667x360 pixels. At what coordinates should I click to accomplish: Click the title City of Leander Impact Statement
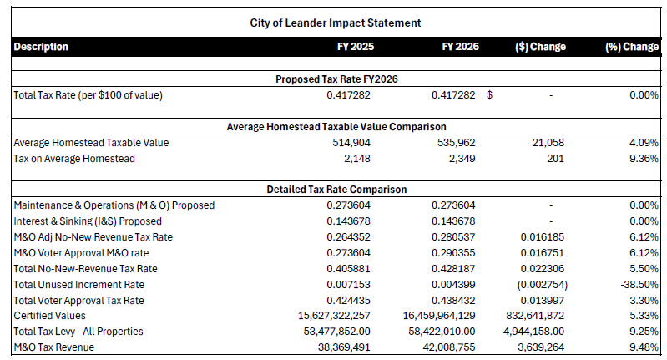(x=336, y=23)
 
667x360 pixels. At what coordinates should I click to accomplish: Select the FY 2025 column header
(x=356, y=47)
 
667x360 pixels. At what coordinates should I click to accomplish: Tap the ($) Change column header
(x=540, y=47)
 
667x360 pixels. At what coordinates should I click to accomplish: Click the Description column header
(x=41, y=47)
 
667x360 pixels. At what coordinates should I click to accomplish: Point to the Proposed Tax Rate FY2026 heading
(x=336, y=79)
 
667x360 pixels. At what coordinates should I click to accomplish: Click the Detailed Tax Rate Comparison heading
(x=336, y=190)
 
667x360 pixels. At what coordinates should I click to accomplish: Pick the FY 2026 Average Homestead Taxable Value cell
(x=456, y=143)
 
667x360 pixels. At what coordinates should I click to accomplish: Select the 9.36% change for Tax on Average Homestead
(x=644, y=159)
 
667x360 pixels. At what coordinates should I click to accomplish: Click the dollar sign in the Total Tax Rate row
(x=490, y=95)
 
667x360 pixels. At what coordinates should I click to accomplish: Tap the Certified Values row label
(x=49, y=316)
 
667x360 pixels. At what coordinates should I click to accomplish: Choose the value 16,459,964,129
(x=439, y=316)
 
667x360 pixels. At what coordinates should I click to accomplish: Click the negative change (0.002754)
(x=543, y=284)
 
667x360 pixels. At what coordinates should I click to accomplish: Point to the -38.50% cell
(x=639, y=284)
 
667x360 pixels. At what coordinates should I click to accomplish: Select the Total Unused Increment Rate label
(x=78, y=284)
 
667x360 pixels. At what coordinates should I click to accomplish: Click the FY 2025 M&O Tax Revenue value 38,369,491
(x=344, y=347)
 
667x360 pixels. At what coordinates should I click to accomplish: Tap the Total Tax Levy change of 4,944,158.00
(x=534, y=331)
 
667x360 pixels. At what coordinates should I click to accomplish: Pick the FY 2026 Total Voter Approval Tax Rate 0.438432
(x=453, y=301)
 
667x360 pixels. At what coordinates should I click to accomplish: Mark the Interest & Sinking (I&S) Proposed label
(x=88, y=221)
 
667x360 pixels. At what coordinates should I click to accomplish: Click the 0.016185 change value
(x=543, y=237)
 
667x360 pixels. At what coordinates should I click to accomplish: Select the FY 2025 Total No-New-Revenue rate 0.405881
(x=348, y=269)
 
